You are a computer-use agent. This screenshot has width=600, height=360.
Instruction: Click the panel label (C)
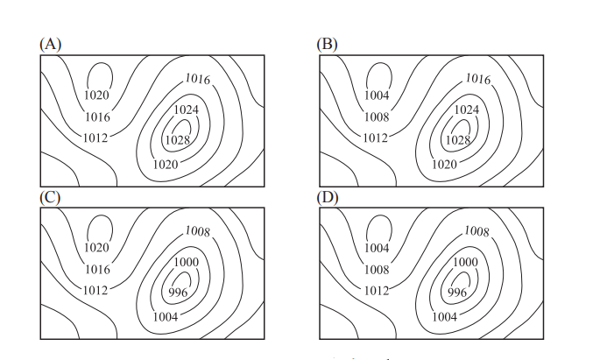[51, 196]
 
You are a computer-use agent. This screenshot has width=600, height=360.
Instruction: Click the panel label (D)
[328, 196]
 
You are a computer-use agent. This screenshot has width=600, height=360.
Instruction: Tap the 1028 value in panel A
[178, 140]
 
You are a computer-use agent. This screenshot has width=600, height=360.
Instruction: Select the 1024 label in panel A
[186, 109]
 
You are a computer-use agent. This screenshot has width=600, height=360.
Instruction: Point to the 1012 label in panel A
[95, 138]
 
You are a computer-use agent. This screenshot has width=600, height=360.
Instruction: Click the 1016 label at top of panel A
[198, 79]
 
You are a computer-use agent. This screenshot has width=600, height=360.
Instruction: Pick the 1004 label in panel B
[376, 95]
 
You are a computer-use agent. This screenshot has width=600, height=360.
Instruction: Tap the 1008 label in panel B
[376, 116]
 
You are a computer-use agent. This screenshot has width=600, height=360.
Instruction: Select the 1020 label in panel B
[445, 164]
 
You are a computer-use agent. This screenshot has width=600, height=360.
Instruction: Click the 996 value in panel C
[178, 293]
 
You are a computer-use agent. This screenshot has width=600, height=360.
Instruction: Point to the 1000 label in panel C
[186, 262]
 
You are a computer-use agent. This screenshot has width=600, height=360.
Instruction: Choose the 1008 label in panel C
[198, 231]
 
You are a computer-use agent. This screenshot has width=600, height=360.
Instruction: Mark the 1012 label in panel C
[95, 290]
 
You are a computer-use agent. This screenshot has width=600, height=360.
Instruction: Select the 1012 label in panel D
[375, 290]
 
